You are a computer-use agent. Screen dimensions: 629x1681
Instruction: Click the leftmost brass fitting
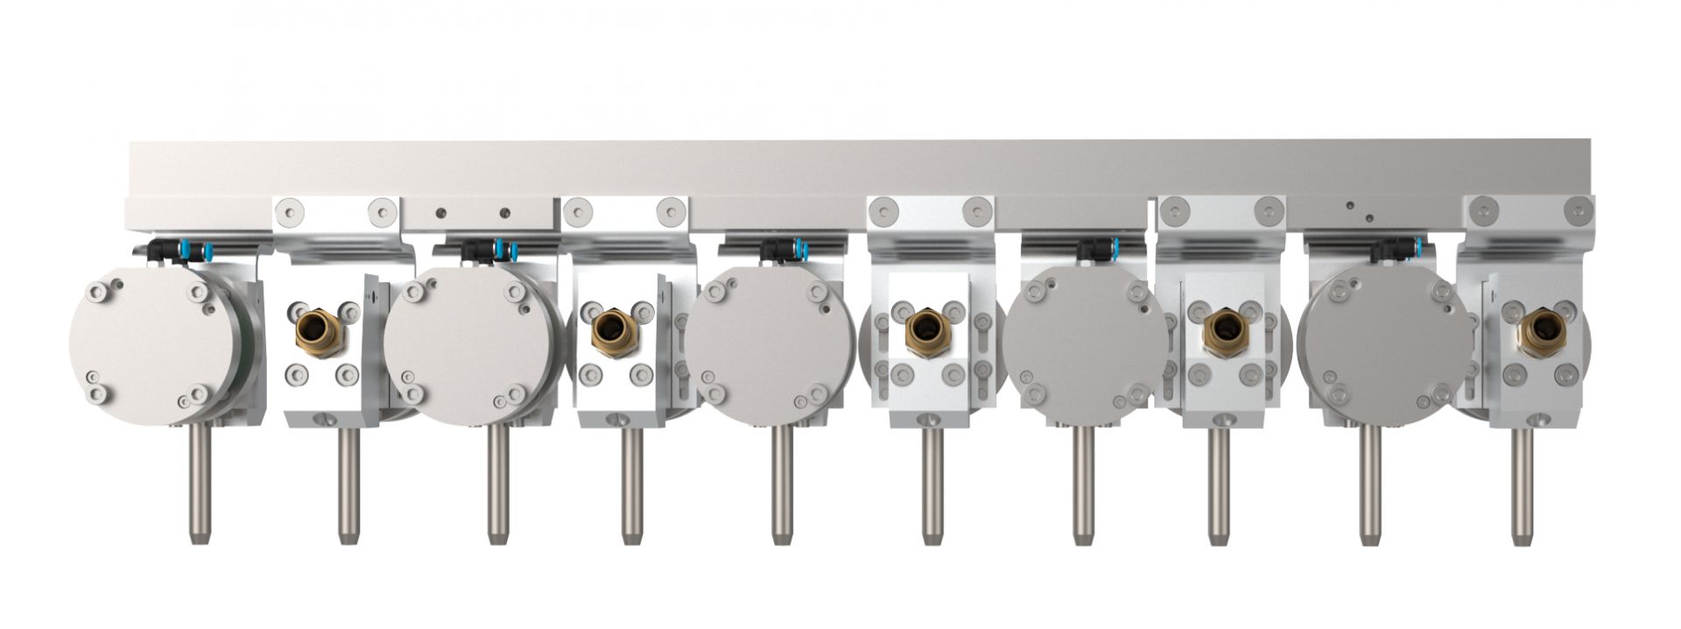coord(315,330)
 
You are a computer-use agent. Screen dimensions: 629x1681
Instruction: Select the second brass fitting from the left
coord(609,331)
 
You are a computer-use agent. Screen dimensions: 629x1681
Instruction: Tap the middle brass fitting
coord(924,331)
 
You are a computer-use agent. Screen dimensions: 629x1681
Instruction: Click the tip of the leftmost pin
coord(199,538)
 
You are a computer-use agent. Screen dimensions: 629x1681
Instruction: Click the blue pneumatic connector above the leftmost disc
coord(183,251)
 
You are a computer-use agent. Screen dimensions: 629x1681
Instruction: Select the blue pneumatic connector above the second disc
coord(500,251)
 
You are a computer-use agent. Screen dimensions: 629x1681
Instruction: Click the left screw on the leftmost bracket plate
coord(290,211)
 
